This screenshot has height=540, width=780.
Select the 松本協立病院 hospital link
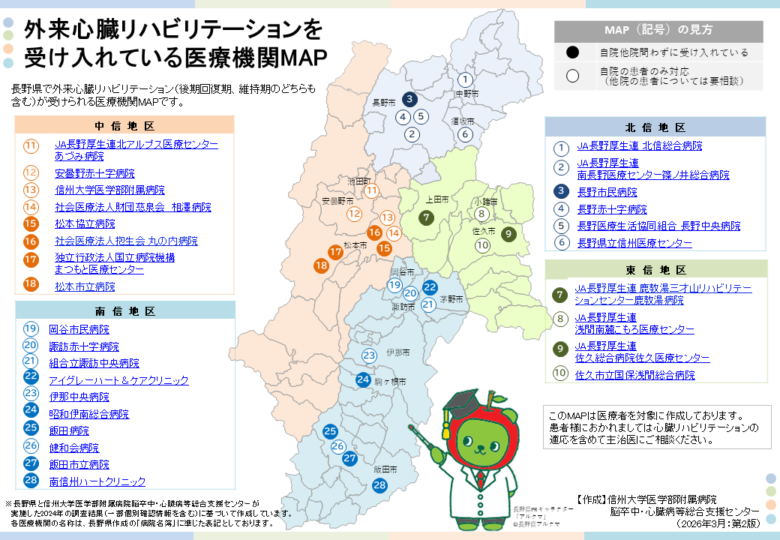tap(85, 223)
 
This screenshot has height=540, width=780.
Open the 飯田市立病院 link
tap(79, 464)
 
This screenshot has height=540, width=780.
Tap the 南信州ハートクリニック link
tap(97, 481)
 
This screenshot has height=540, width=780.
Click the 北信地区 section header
tap(655, 127)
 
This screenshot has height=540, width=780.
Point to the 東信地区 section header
tap(655, 270)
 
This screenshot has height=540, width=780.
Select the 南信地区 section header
tap(124, 310)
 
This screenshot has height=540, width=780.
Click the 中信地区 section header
tap(124, 125)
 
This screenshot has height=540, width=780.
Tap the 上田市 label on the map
tap(436, 200)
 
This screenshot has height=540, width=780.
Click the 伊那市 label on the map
tap(397, 352)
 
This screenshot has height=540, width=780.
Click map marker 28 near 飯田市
tap(379, 485)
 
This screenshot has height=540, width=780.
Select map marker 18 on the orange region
tap(322, 265)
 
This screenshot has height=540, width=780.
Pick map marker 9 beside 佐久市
tap(508, 233)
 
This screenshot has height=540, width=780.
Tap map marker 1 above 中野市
tap(465, 79)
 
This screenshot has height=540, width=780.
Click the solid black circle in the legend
tap(573, 52)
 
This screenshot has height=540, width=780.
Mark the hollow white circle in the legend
tap(573, 75)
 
